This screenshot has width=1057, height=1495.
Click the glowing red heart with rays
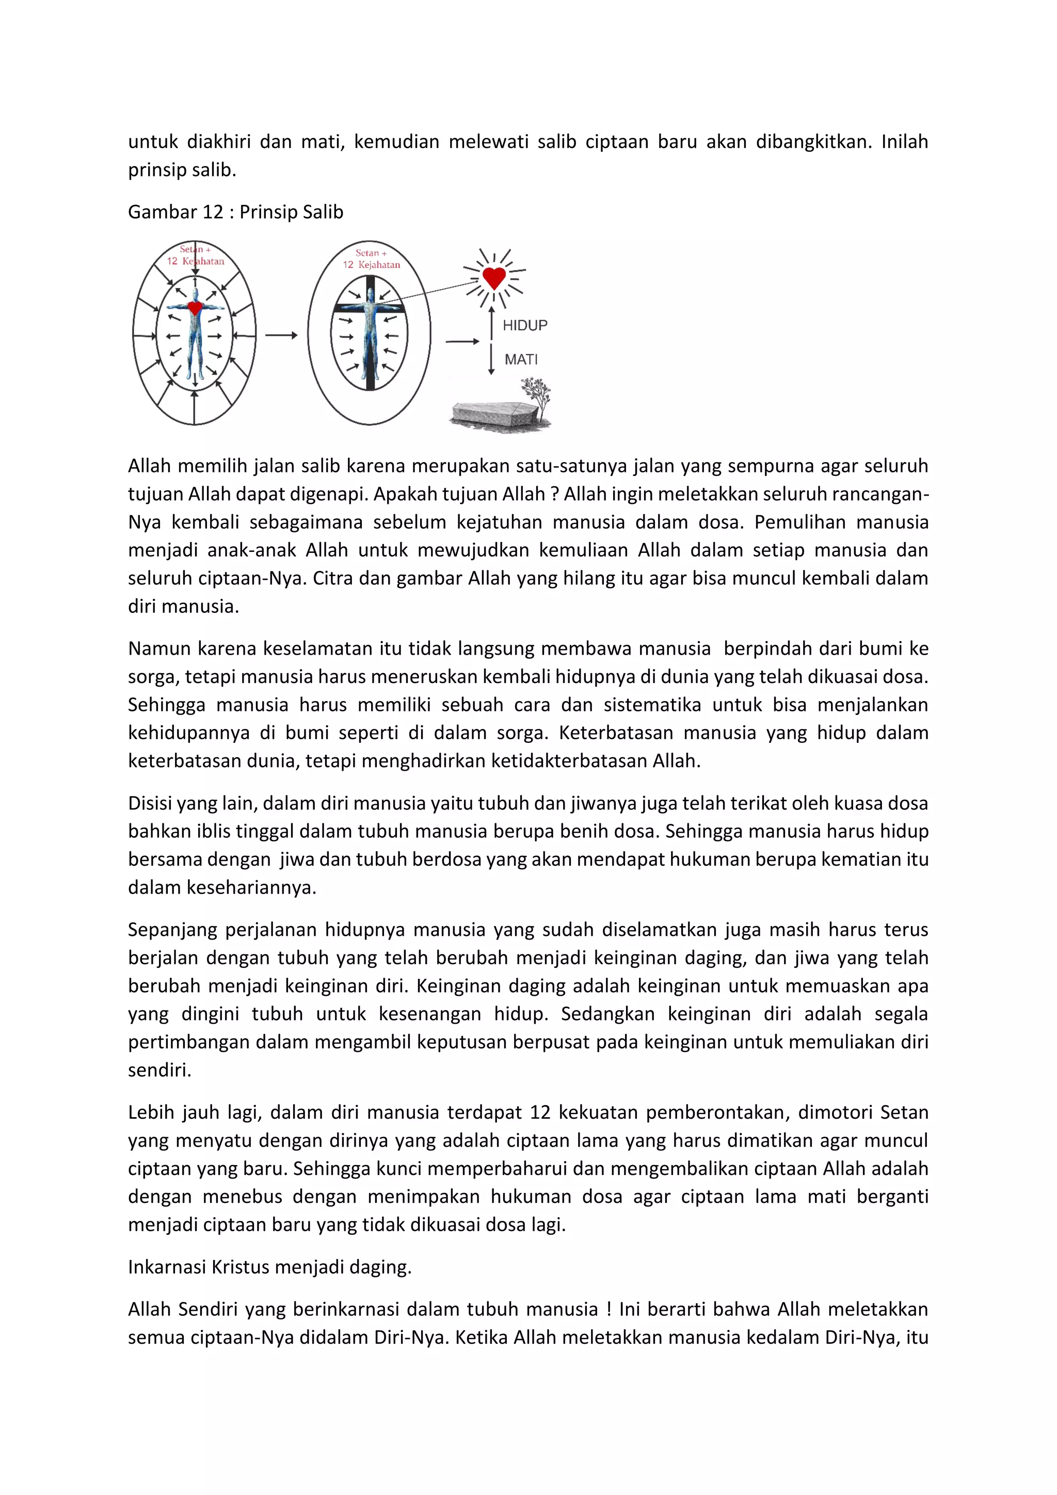(x=494, y=277)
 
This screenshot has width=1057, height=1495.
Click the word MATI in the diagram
(x=521, y=359)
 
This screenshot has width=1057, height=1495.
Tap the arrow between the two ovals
(x=281, y=336)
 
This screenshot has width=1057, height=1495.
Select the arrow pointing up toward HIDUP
(x=491, y=321)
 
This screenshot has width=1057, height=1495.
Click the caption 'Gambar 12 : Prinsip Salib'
(x=236, y=212)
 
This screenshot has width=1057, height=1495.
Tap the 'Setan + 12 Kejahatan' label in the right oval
(x=371, y=259)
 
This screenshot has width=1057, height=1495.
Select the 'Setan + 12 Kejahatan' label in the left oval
(x=195, y=255)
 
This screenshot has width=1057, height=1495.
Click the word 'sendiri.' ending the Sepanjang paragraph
(x=159, y=1070)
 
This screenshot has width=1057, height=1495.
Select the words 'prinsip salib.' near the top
(x=182, y=169)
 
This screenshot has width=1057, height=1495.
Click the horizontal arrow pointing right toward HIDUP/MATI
(x=462, y=341)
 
